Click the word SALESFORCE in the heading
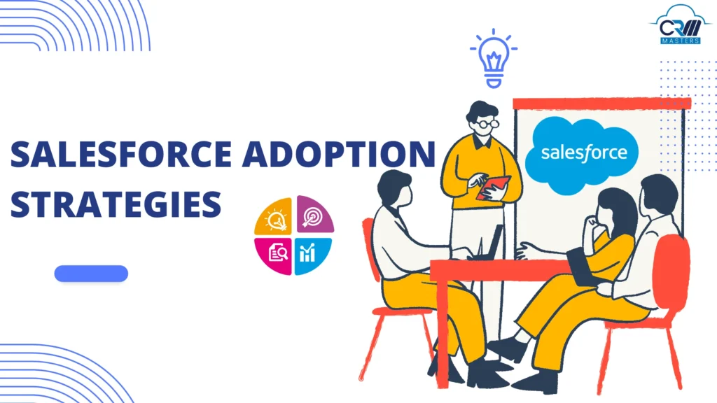[118, 155]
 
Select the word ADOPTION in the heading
[337, 155]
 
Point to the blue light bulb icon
[494, 57]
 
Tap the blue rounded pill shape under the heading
[91, 274]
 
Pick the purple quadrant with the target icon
[314, 216]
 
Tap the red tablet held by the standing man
[494, 187]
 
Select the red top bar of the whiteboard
[601, 104]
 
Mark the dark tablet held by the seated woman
[581, 266]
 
